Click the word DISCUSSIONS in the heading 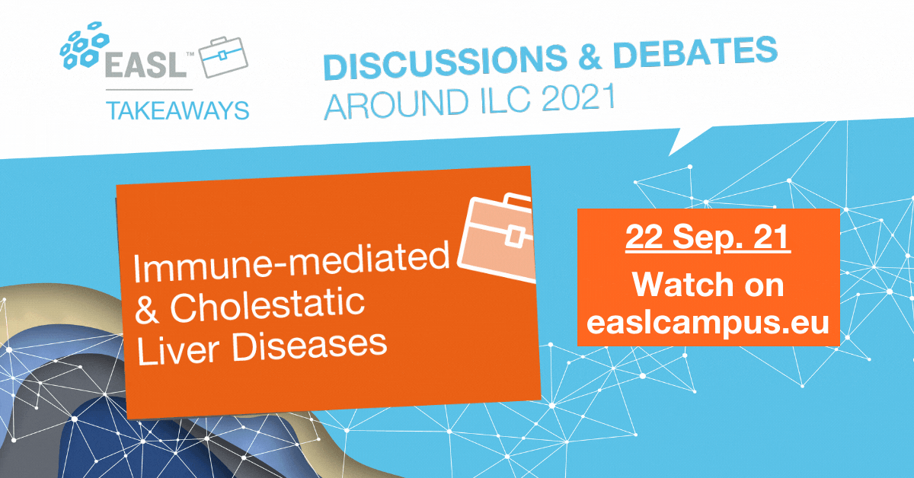point(445,61)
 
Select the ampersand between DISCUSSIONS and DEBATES point(590,56)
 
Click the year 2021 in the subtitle point(578,98)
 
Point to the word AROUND point(396,105)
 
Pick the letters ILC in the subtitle point(506,100)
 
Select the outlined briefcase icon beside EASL point(223,56)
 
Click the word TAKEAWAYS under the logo point(177,110)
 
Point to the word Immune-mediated point(291,261)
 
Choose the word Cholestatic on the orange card point(267,306)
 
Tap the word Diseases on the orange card point(309,346)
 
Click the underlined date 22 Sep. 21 point(708,237)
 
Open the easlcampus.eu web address point(708,323)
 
